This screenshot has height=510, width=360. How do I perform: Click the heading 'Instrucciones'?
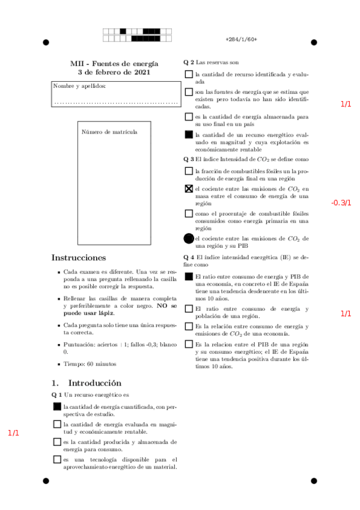pyautogui.click(x=79, y=258)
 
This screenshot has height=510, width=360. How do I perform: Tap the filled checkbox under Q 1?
pyautogui.click(x=56, y=407)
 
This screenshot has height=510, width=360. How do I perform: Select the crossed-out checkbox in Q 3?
pyautogui.click(x=189, y=189)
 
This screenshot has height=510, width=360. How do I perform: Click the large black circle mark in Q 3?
pyautogui.click(x=189, y=239)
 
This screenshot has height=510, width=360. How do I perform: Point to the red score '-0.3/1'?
pyautogui.click(x=341, y=203)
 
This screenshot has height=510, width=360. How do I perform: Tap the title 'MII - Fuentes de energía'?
pyautogui.click(x=114, y=64)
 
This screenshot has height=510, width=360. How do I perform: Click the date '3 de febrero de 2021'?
pyautogui.click(x=114, y=72)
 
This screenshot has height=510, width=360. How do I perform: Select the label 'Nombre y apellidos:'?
pyautogui.click(x=79, y=86)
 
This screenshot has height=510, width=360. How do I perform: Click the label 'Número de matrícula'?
pyautogui.click(x=109, y=132)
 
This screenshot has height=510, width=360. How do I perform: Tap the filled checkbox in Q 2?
pyautogui.click(x=189, y=135)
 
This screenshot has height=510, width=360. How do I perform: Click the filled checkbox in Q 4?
pyautogui.click(x=189, y=277)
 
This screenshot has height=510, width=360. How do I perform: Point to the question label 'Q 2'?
pyautogui.click(x=189, y=62)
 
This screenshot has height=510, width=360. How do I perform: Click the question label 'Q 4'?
pyautogui.click(x=189, y=257)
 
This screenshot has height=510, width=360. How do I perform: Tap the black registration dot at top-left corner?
pyautogui.click(x=46, y=42)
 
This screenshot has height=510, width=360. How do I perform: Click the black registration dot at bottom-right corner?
pyautogui.click(x=314, y=481)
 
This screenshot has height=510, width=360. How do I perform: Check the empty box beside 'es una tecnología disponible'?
pyautogui.click(x=56, y=460)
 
